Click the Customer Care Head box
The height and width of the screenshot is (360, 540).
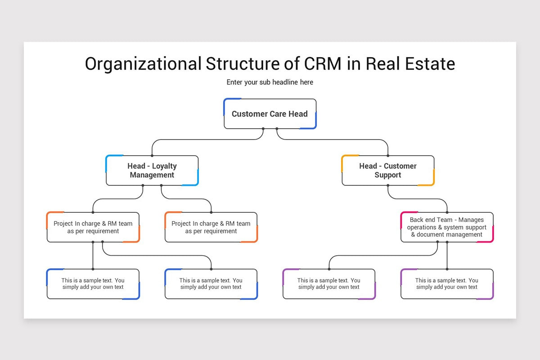[270, 113]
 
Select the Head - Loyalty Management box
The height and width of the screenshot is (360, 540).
[152, 171]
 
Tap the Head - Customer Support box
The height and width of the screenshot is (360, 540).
[388, 171]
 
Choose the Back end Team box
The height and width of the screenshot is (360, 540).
[447, 227]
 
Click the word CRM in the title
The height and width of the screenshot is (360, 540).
[323, 64]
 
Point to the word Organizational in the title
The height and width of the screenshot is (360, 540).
[143, 64]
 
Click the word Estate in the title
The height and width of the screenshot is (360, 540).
[430, 64]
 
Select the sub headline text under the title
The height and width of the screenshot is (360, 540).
[270, 82]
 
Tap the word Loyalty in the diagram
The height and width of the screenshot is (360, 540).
[164, 166]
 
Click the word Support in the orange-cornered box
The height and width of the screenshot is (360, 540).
[388, 175]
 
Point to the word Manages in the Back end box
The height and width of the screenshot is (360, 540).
[471, 220]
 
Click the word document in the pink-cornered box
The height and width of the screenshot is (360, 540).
[432, 234]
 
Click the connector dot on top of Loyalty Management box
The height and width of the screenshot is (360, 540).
[152, 156]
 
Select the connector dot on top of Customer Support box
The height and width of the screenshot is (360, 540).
[388, 156]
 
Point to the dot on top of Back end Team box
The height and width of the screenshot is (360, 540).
[447, 212]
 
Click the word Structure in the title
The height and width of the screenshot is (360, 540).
[243, 64]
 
